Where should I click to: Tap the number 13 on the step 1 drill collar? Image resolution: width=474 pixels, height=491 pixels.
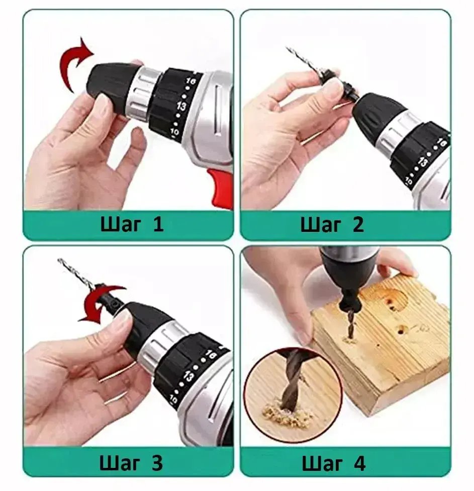pyautogui.click(x=181, y=106)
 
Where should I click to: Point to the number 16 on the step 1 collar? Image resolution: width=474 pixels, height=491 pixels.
pyautogui.click(x=191, y=81)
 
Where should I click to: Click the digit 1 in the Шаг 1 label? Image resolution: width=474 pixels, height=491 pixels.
pyautogui.click(x=158, y=224)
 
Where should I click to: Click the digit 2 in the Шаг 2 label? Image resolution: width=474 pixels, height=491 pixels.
pyautogui.click(x=358, y=224)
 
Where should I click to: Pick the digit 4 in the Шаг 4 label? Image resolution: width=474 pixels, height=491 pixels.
pyautogui.click(x=360, y=464)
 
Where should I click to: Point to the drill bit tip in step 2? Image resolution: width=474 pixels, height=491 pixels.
pyautogui.click(x=287, y=48)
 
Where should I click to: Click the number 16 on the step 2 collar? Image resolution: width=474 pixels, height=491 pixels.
pyautogui.click(x=441, y=143)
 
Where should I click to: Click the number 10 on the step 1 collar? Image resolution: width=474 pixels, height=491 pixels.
pyautogui.click(x=174, y=132)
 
